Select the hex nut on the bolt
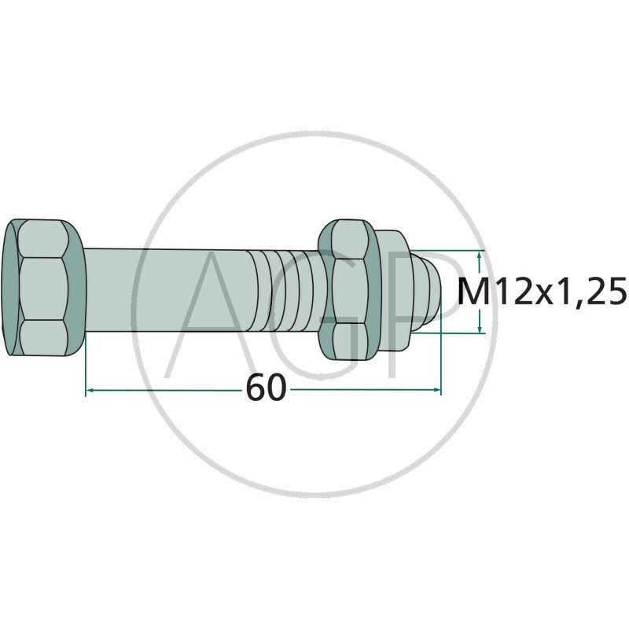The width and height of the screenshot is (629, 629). tap(350, 289)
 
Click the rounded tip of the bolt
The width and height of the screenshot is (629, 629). tap(429, 289)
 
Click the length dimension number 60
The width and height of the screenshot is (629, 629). tap(265, 388)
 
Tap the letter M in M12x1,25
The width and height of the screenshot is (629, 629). tap(473, 292)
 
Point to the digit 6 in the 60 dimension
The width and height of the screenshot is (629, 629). tap(255, 388)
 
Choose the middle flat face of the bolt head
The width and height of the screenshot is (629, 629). tap(44, 289)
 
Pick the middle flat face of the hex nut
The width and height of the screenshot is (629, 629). tap(348, 289)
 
